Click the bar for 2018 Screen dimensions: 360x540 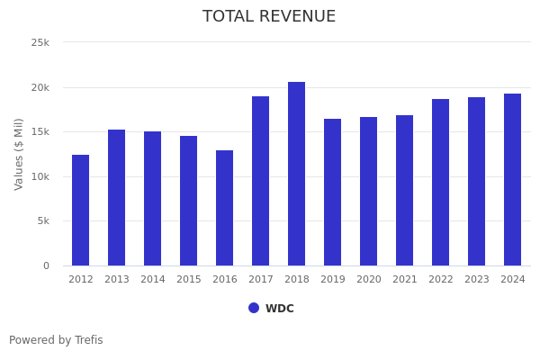[x=296, y=174]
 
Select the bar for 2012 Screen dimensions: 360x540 [x=80, y=210]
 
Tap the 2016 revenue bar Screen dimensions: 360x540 [x=224, y=208]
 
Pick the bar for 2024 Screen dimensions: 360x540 [x=512, y=179]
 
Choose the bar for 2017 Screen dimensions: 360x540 [x=260, y=181]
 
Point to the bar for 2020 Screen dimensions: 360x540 [x=368, y=191]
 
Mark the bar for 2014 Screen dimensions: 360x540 [x=152, y=198]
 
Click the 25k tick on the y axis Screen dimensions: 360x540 [x=40, y=42]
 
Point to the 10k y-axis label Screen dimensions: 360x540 [x=40, y=176]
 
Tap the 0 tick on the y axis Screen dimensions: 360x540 [x=46, y=265]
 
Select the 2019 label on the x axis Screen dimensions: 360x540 [x=332, y=280]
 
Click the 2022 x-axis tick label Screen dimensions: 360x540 [x=440, y=280]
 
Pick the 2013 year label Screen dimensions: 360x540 [x=116, y=280]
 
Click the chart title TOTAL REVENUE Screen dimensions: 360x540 [x=269, y=17]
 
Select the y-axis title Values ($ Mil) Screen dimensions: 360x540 [x=19, y=154]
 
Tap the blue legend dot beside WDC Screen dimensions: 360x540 [x=254, y=308]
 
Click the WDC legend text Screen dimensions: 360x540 [x=279, y=309]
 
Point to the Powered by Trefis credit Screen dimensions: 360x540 [x=56, y=340]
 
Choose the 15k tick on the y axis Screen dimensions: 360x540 [x=40, y=131]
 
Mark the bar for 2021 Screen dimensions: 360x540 [x=404, y=190]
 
